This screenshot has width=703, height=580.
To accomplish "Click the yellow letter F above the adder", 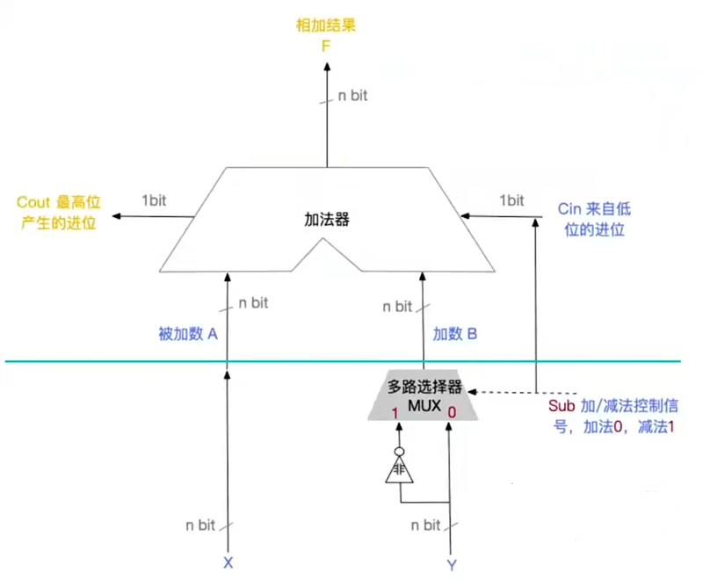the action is point(326,47).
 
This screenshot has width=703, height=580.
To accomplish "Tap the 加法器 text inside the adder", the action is point(326,220).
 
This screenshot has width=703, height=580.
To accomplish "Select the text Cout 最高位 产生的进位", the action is point(58,213).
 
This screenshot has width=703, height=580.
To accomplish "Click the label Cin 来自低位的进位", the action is point(594,219).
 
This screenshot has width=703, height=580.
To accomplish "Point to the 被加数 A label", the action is point(188,334).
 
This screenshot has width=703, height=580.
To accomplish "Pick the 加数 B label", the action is point(454,334).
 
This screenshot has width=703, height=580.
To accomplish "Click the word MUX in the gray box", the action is point(424,406).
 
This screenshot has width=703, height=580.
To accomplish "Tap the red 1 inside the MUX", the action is point(395,413).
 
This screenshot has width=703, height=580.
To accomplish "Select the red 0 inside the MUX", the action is point(452,412).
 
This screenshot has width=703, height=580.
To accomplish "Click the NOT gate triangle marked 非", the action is point(399,470).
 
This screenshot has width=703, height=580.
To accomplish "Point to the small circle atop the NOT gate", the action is point(399,452).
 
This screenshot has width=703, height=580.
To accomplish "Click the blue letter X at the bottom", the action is point(228,563).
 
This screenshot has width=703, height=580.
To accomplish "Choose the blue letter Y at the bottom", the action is point(452,565).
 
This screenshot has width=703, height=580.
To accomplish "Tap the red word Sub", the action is point(562,406).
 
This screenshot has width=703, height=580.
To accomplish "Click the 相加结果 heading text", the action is point(326,25).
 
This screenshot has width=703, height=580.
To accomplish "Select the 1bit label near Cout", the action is point(154,200).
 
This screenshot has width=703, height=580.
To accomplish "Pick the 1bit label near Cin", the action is point(511,200).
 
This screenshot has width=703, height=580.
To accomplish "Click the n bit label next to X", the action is point(200,525).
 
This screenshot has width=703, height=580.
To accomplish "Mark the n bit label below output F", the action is point(352,96).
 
